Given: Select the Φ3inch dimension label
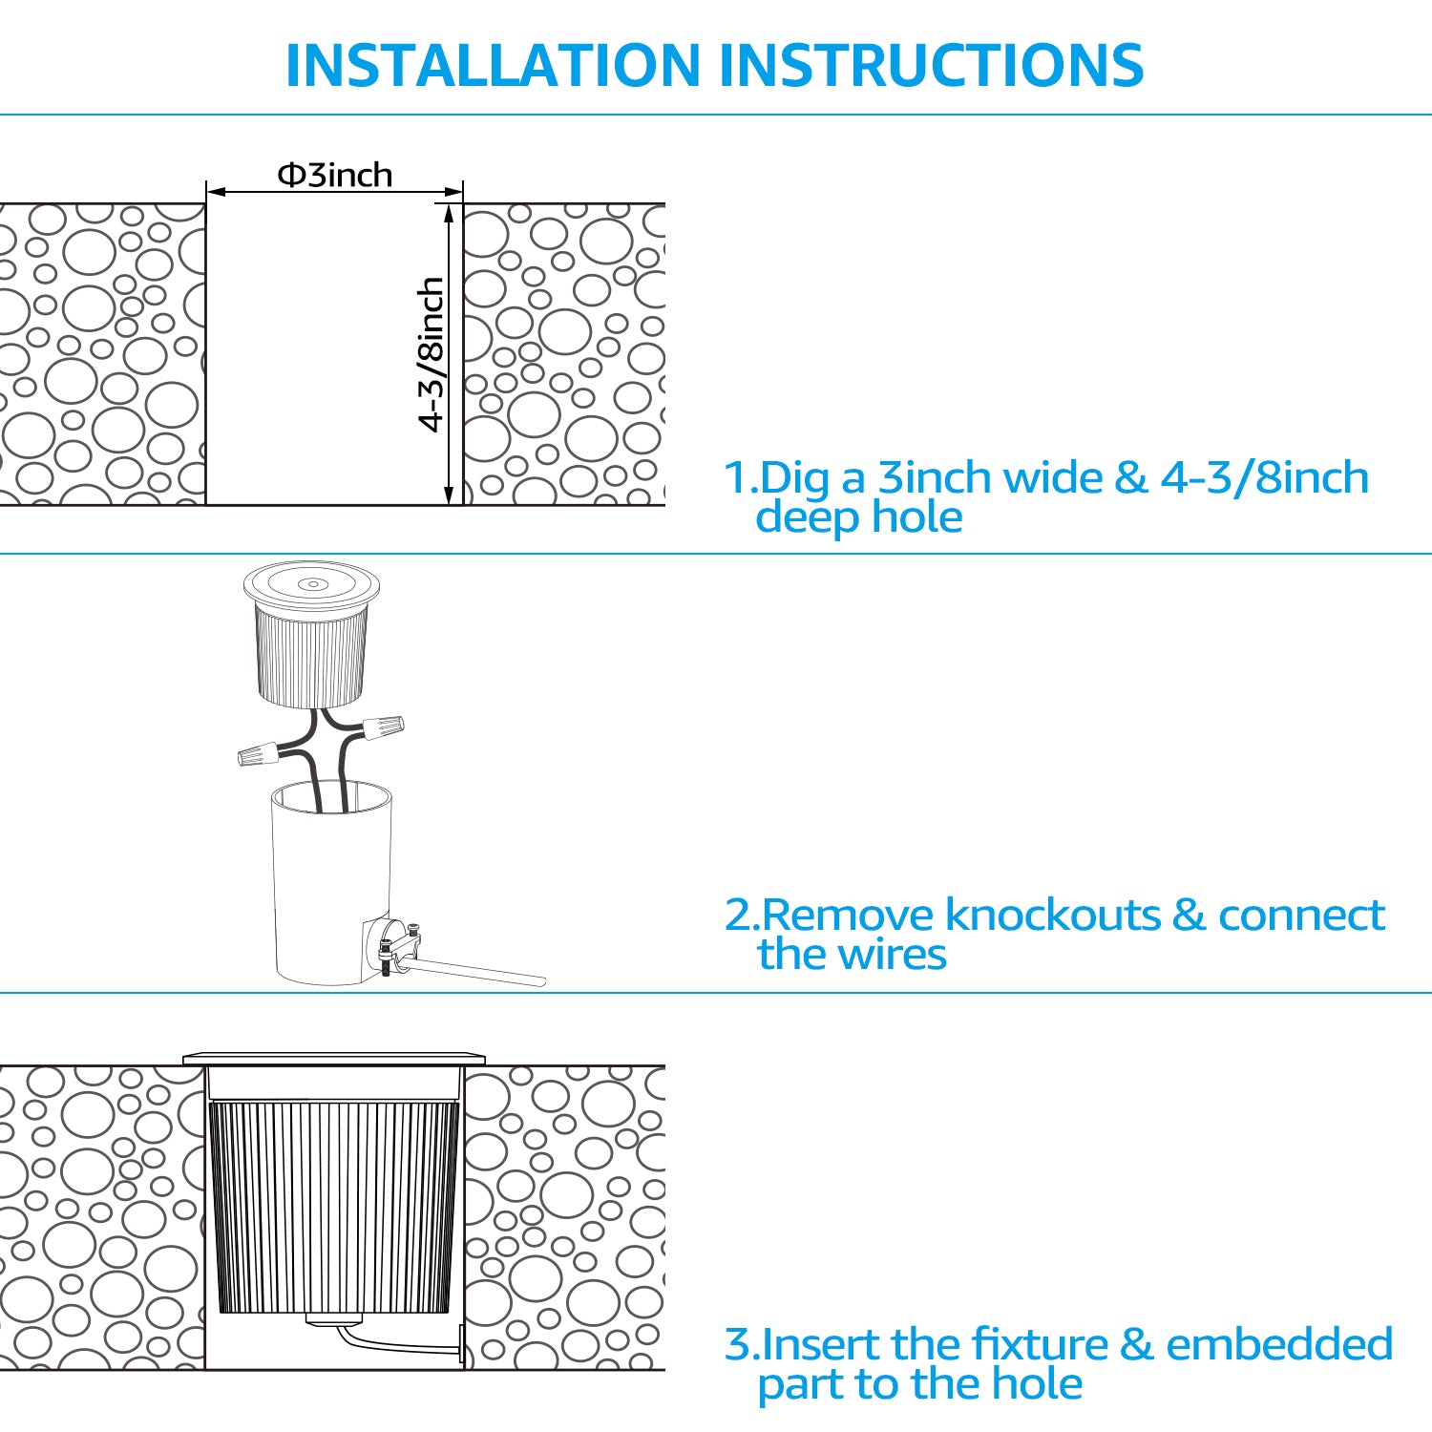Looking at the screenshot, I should (x=335, y=175).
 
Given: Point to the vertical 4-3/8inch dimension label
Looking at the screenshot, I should (x=432, y=353).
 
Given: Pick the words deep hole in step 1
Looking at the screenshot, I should (x=858, y=517).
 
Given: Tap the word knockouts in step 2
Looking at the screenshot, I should (x=1052, y=915).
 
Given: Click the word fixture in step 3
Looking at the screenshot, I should (x=999, y=1344).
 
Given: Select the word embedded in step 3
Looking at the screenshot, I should (x=1279, y=1344).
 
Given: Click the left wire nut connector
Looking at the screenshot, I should (x=258, y=755).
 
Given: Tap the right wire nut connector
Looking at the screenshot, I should (x=383, y=727).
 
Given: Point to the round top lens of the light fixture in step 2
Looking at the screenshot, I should (x=311, y=583).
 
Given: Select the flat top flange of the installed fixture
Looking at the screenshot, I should (x=334, y=1059).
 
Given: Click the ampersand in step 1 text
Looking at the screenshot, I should (x=1130, y=478).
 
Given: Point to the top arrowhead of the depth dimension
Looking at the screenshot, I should (x=449, y=212).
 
